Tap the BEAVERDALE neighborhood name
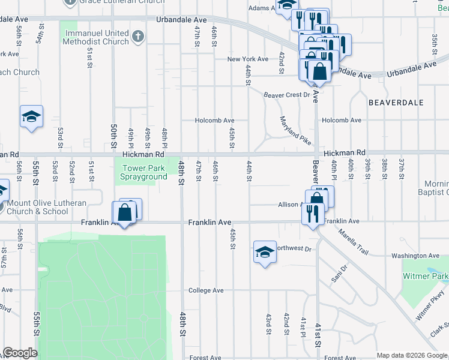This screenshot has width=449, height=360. tap(392, 103)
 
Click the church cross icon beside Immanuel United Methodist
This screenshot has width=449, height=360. tap(137, 37)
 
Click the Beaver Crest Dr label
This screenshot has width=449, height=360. tap(286, 95)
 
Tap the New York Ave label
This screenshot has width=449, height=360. tap(247, 59)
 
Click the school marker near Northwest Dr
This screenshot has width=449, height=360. tap(264, 252)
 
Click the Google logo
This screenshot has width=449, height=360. tap(20, 353)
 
